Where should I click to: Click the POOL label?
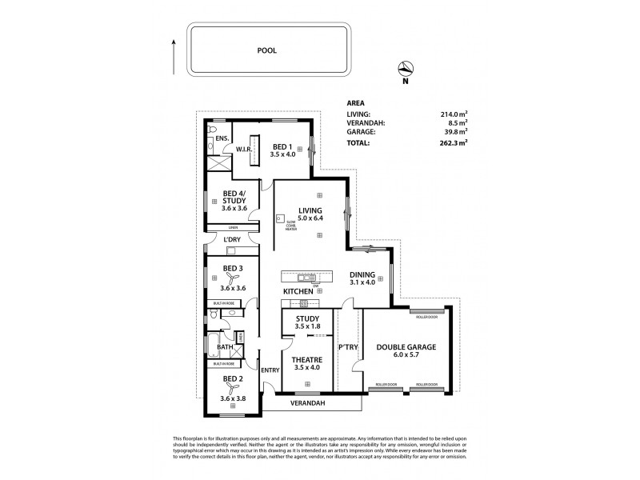point(266,50)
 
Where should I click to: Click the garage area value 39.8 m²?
point(453,132)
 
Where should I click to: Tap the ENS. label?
point(222,139)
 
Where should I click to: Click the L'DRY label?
point(232,239)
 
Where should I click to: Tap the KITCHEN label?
point(298,291)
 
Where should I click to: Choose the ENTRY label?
point(270,370)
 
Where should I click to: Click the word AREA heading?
point(358,103)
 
